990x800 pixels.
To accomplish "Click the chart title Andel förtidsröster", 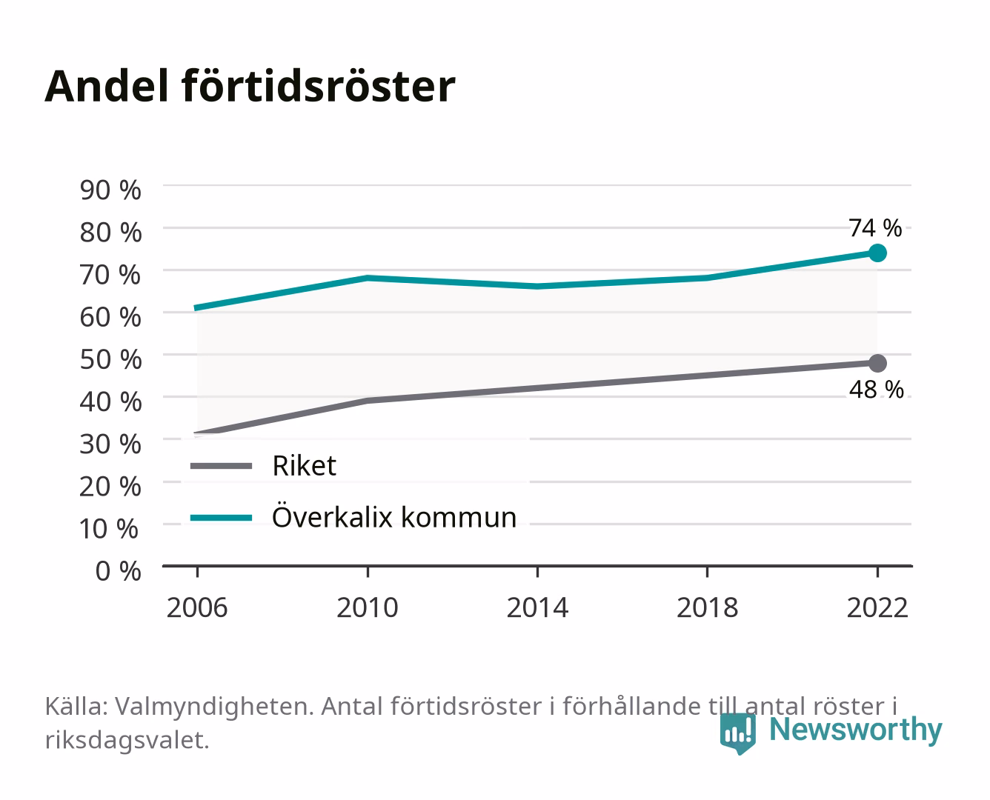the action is click(250, 87).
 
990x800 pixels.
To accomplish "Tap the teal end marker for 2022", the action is click(877, 253).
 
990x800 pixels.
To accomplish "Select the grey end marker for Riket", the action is click(877, 363).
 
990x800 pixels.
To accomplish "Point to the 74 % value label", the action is click(875, 228).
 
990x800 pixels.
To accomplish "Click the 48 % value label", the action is click(876, 390).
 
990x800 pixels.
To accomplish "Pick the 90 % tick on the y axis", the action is click(110, 190).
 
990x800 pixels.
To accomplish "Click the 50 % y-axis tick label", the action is click(110, 359).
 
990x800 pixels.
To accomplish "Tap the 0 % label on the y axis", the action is click(118, 571).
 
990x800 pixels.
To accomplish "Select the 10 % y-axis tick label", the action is click(109, 529).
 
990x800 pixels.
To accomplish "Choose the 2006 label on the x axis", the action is click(197, 607).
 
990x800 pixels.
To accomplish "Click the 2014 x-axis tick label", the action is click(537, 607).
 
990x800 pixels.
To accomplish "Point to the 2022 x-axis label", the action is click(877, 607).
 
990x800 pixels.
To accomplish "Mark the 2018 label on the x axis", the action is click(708, 607).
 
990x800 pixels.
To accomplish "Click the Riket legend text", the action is click(304, 466).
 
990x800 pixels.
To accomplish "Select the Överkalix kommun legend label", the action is click(394, 516).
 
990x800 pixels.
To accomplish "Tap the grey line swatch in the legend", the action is click(222, 466).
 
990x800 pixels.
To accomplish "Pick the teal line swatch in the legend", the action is click(222, 518).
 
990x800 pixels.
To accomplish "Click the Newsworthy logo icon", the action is click(738, 733).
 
